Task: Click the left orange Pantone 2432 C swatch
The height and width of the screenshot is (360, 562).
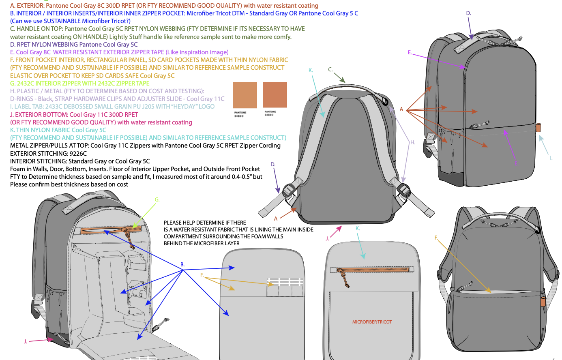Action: (x=245, y=95)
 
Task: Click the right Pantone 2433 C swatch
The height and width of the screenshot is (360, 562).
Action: (x=275, y=95)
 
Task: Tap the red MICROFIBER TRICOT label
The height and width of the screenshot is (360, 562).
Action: (x=372, y=322)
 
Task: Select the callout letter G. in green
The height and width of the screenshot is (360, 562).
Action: (x=157, y=199)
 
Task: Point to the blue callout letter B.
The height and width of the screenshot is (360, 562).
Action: (x=182, y=265)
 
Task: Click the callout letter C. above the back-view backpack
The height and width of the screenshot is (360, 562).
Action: (x=330, y=69)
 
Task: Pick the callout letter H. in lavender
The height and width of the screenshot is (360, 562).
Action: (x=413, y=142)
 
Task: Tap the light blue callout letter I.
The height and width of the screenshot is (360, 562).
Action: (x=551, y=158)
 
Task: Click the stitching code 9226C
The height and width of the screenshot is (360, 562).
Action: (x=78, y=153)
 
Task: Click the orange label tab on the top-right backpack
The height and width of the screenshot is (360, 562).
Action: (x=538, y=127)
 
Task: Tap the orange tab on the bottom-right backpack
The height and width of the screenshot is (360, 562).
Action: (x=543, y=301)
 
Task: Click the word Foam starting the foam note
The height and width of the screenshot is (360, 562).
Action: (x=17, y=169)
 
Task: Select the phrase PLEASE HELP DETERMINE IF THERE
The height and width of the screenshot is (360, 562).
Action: (x=205, y=223)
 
